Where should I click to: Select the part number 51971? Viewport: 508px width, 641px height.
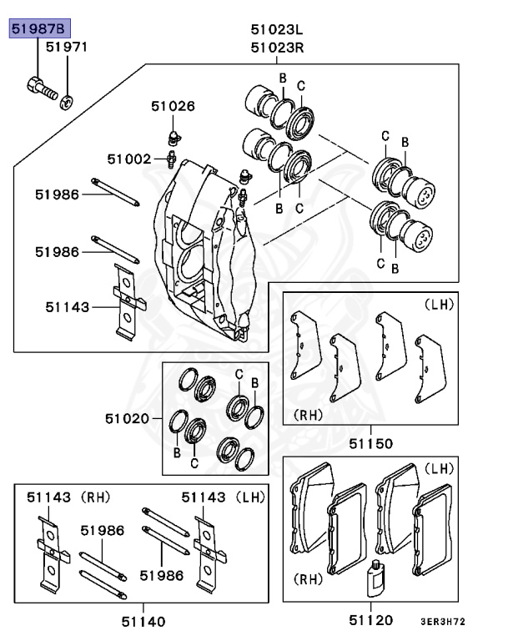click(66, 48)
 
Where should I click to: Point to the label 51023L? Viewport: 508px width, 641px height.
click(277, 30)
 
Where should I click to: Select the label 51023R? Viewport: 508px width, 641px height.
click(277, 48)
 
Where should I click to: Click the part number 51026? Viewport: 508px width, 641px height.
click(173, 106)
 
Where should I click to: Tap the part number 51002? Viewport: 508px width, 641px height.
click(128, 158)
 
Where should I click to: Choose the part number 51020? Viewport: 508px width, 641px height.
click(127, 417)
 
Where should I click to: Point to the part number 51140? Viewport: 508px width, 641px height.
click(143, 620)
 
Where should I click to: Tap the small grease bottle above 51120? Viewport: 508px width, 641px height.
click(375, 577)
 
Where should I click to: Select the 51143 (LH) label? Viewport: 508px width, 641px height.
click(223, 497)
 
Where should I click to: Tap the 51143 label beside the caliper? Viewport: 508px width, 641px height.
click(68, 307)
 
